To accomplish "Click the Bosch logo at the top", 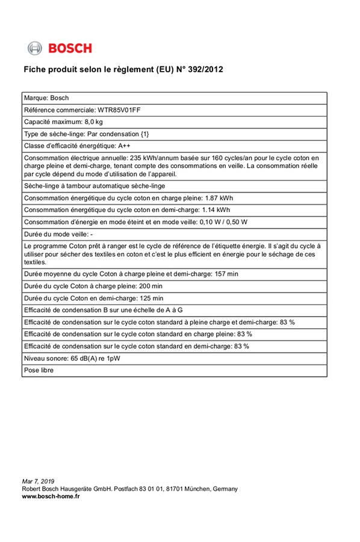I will [x=60, y=48].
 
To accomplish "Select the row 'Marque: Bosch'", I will [x=46, y=98].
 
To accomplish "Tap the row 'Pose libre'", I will [x=39, y=370].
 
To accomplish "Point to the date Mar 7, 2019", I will [x=38, y=481].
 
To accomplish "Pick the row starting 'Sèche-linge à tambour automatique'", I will [x=94, y=186].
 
